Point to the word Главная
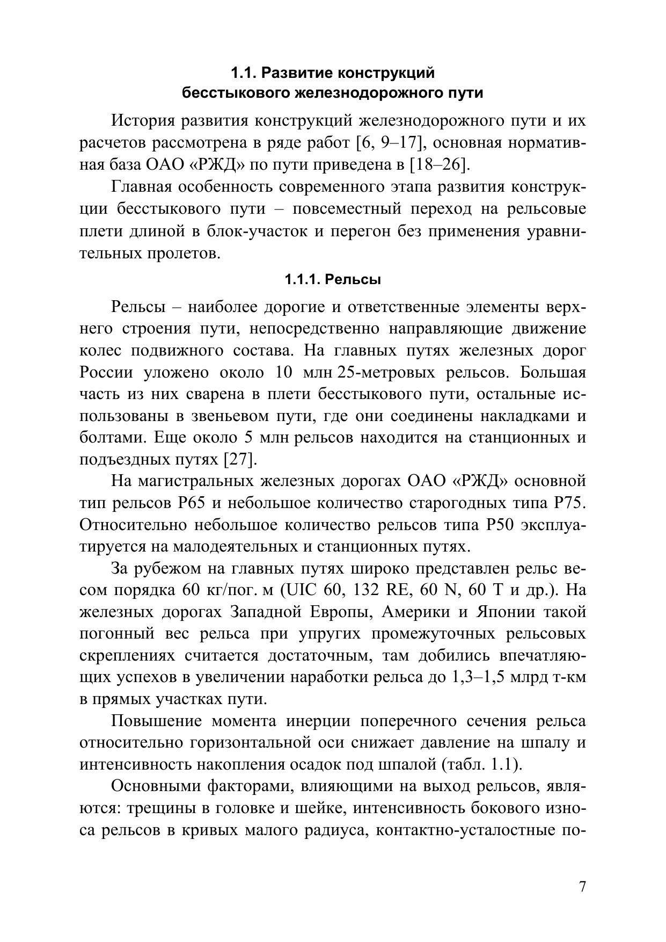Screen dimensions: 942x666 tap(141, 187)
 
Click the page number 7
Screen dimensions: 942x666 tap(582, 887)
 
